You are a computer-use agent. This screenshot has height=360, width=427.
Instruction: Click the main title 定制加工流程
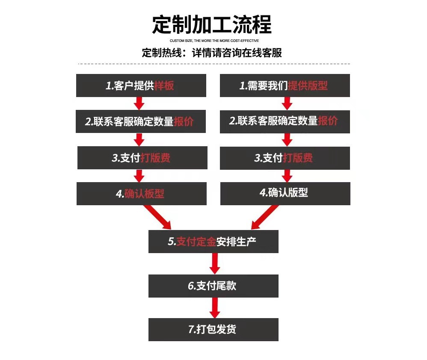[x=212, y=24]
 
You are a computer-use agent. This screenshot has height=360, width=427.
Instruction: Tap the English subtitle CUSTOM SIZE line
[x=214, y=41]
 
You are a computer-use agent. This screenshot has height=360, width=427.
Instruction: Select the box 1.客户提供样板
[x=141, y=86]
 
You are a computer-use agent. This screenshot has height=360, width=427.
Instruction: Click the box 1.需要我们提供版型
[x=285, y=86]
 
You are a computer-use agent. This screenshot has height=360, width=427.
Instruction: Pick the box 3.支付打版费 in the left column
[x=142, y=158]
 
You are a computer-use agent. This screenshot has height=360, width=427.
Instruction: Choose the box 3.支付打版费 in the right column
[x=285, y=158]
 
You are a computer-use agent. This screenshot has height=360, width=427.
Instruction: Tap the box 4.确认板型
[x=142, y=194]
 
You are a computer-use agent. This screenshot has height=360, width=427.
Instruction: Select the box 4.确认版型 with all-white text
[x=285, y=194]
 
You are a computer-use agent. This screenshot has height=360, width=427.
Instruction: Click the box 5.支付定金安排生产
[x=213, y=242]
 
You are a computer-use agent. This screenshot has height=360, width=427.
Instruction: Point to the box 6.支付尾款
[x=213, y=286]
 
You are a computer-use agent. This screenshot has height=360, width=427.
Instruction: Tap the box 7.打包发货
[x=213, y=330]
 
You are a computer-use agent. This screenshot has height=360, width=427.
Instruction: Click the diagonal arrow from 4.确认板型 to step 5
[x=157, y=217]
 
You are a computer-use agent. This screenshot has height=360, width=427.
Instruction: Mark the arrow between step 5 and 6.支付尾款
[x=215, y=263]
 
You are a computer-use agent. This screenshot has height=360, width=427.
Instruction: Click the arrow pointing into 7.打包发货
[x=215, y=307]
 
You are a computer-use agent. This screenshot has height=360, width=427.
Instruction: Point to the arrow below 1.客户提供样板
[x=139, y=103]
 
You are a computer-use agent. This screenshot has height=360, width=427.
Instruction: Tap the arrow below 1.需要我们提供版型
[x=287, y=103]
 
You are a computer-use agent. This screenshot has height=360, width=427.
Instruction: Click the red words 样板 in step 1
[x=164, y=86]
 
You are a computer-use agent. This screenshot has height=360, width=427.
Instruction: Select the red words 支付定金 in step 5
[x=196, y=242]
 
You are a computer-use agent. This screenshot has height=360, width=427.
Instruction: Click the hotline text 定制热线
[x=162, y=53]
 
